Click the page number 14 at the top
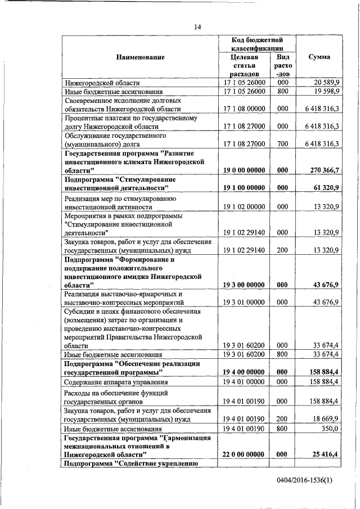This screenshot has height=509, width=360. [197, 26]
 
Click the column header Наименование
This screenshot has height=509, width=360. [140, 57]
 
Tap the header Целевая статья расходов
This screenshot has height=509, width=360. [244, 65]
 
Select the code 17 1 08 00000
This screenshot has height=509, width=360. [244, 109]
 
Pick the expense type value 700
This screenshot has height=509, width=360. [282, 144]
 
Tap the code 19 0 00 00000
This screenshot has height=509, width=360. [244, 170]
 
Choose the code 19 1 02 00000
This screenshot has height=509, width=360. [244, 206]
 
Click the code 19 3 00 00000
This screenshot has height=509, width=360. [244, 285]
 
